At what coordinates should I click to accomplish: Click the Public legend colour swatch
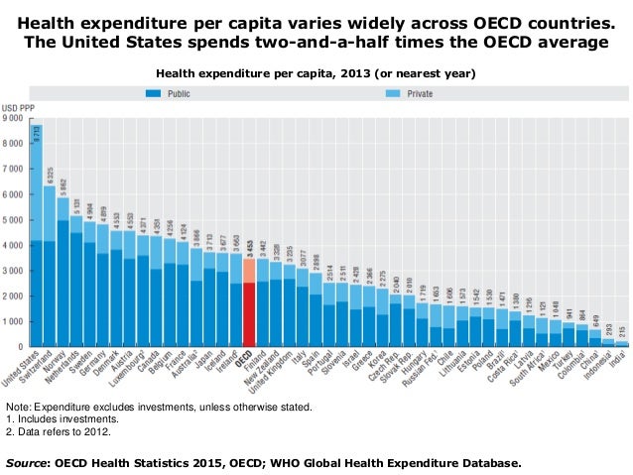[x=154, y=95]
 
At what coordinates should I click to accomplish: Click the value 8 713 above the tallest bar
[x=37, y=134]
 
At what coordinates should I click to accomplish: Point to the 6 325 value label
[x=50, y=178]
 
